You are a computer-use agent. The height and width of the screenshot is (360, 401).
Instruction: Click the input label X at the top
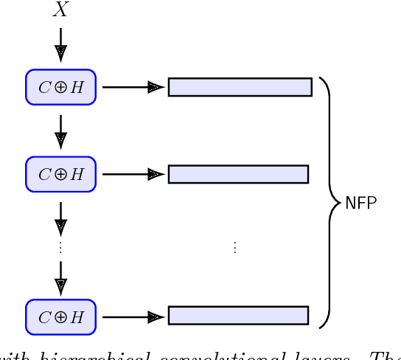click(x=60, y=11)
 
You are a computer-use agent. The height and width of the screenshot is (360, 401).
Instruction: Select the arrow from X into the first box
click(x=60, y=45)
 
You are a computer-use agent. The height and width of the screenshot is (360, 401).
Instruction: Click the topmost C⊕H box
click(x=61, y=87)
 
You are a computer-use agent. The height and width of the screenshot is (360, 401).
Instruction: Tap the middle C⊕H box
click(x=61, y=174)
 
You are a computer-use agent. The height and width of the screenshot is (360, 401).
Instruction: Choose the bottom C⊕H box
click(x=61, y=317)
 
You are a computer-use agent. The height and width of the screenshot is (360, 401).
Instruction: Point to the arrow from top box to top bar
click(x=132, y=87)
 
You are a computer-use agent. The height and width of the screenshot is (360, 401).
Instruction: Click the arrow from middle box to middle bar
click(x=132, y=174)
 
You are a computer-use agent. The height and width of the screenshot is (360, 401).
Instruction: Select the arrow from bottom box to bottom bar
click(x=132, y=317)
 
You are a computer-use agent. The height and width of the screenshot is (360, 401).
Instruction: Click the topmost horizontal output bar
click(x=240, y=87)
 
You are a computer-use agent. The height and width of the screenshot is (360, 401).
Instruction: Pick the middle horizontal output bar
click(x=238, y=174)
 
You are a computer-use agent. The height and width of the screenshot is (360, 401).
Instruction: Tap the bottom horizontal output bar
click(x=238, y=316)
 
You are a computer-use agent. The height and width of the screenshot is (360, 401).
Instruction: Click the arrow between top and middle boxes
click(x=60, y=131)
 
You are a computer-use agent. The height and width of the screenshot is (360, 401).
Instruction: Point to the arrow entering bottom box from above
click(x=60, y=277)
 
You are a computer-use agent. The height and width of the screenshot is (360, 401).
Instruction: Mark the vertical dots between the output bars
click(x=235, y=248)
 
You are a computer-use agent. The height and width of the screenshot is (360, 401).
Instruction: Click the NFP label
click(x=361, y=203)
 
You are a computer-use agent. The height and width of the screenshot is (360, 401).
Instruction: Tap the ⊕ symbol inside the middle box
click(x=61, y=175)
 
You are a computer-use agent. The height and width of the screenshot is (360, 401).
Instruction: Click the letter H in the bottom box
click(x=78, y=317)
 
